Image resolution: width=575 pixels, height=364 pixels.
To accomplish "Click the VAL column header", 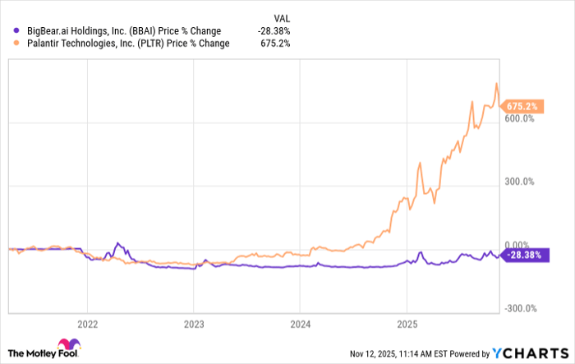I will pos(281,16).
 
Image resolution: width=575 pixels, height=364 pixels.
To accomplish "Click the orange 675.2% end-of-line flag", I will pos(523,106).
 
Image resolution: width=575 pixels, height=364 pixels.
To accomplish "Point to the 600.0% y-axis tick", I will pos(520,118).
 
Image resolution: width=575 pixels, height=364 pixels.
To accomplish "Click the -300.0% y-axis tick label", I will pos(519,309).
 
